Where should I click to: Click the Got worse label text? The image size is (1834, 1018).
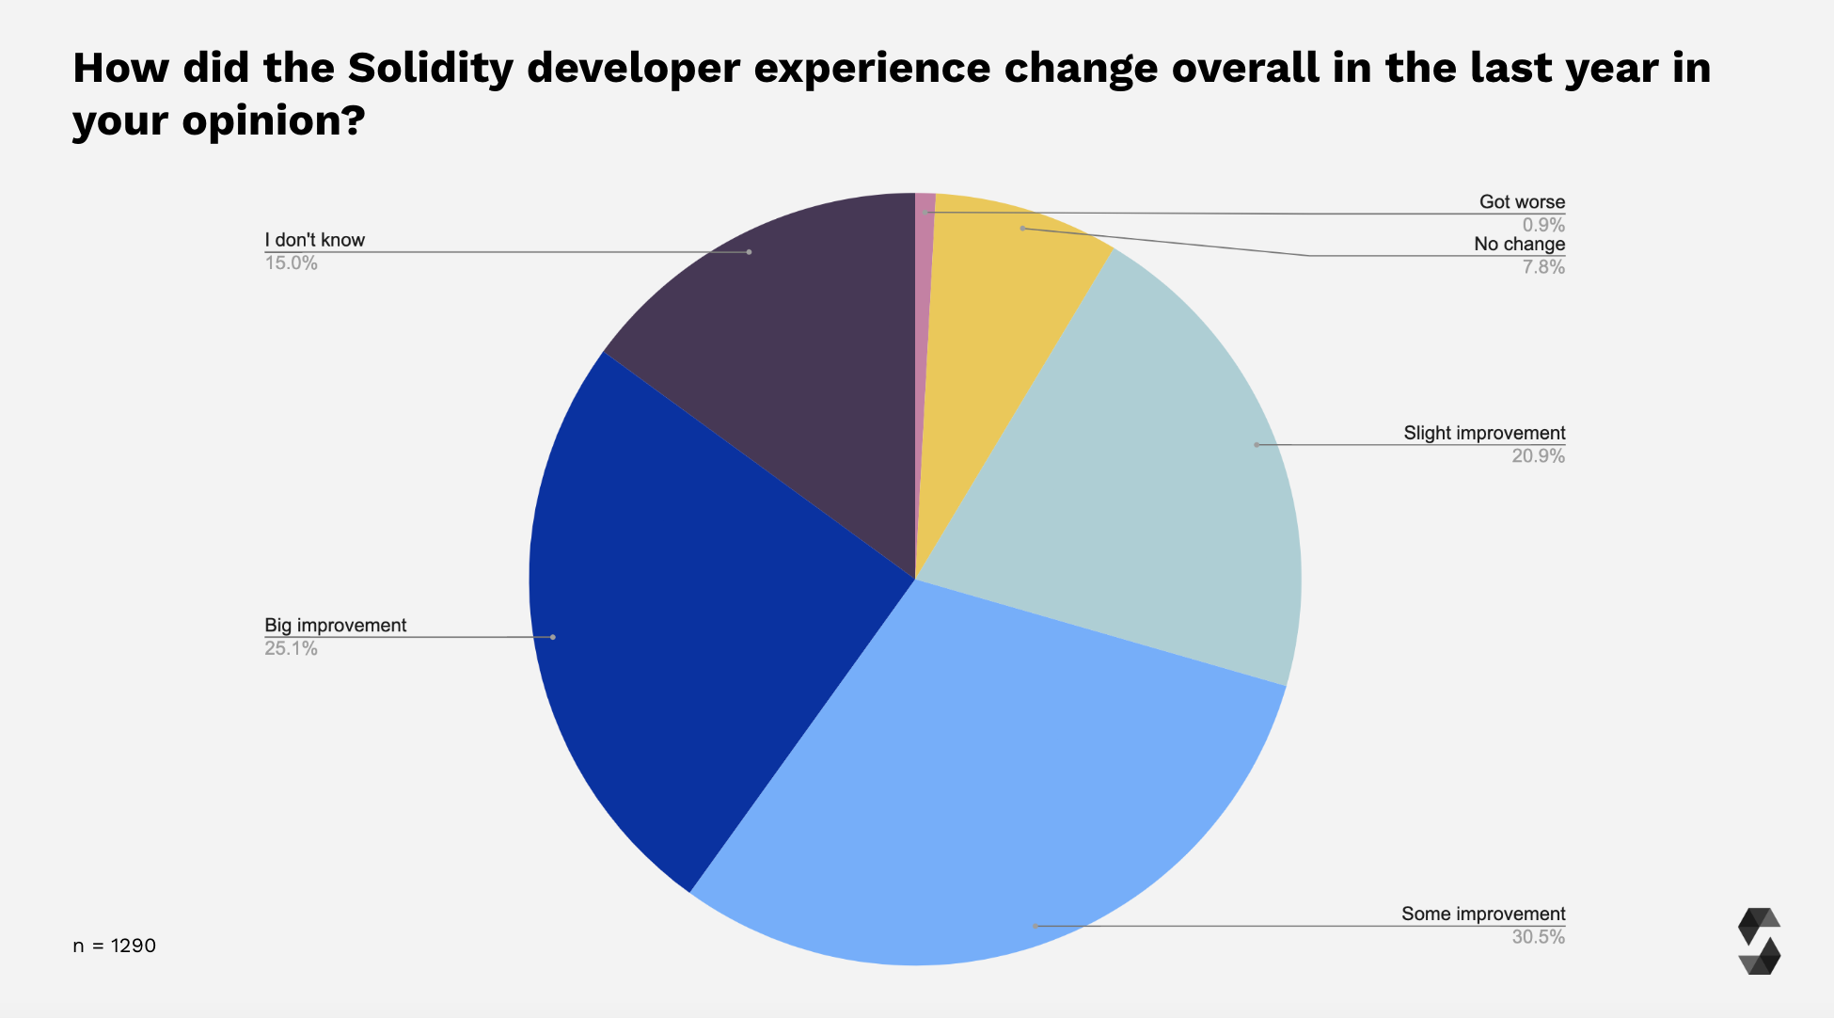1522,201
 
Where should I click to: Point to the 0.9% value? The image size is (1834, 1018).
1543,225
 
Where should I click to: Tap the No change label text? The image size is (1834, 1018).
1519,244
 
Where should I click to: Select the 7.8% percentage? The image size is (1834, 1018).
1543,267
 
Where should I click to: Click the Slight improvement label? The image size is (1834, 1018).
1484,433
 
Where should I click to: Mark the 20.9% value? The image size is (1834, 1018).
1538,456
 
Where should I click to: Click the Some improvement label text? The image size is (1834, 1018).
1483,914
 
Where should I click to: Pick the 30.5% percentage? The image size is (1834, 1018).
1538,937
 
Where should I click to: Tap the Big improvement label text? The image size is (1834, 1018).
335,625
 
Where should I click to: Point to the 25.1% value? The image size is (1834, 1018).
291,648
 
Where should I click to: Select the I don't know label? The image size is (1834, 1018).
314,240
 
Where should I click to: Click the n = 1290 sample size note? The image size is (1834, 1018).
114,946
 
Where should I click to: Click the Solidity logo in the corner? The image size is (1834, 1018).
1759,941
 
